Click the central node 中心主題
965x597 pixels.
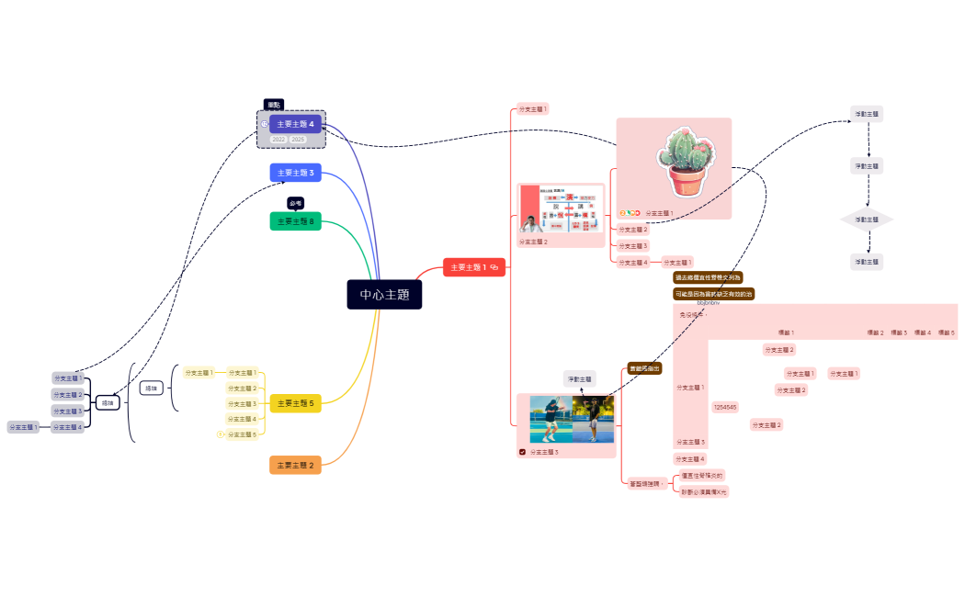coord(384,295)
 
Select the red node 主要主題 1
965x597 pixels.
coord(473,267)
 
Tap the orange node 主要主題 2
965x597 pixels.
coord(295,466)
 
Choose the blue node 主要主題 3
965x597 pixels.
coord(295,173)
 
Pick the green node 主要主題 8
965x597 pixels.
coord(295,221)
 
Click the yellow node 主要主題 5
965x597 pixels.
coord(295,403)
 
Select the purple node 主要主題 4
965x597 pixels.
coord(295,124)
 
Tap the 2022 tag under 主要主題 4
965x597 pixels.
coord(278,140)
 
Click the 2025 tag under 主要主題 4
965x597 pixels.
coord(298,140)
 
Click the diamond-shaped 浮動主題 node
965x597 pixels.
coord(867,220)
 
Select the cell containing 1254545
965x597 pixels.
coord(724,406)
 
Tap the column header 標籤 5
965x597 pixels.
coord(946,332)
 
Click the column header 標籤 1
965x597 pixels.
coord(786,332)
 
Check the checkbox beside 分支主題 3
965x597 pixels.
coord(523,452)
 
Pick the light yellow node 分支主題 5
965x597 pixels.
coord(242,434)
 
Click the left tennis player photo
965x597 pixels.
coord(551,420)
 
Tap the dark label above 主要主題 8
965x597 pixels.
coord(295,203)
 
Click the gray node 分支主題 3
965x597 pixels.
coord(67,411)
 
